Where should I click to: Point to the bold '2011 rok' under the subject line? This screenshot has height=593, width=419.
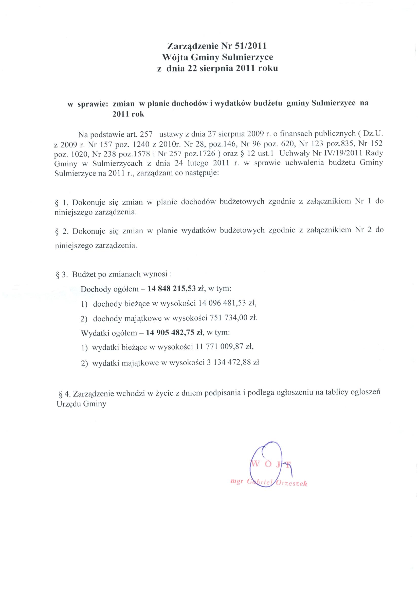coord(128,114)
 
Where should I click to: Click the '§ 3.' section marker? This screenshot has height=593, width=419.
coord(62,274)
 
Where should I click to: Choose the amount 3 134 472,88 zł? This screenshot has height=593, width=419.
coord(233,362)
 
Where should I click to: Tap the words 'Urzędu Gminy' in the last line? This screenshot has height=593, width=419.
coord(81,404)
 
